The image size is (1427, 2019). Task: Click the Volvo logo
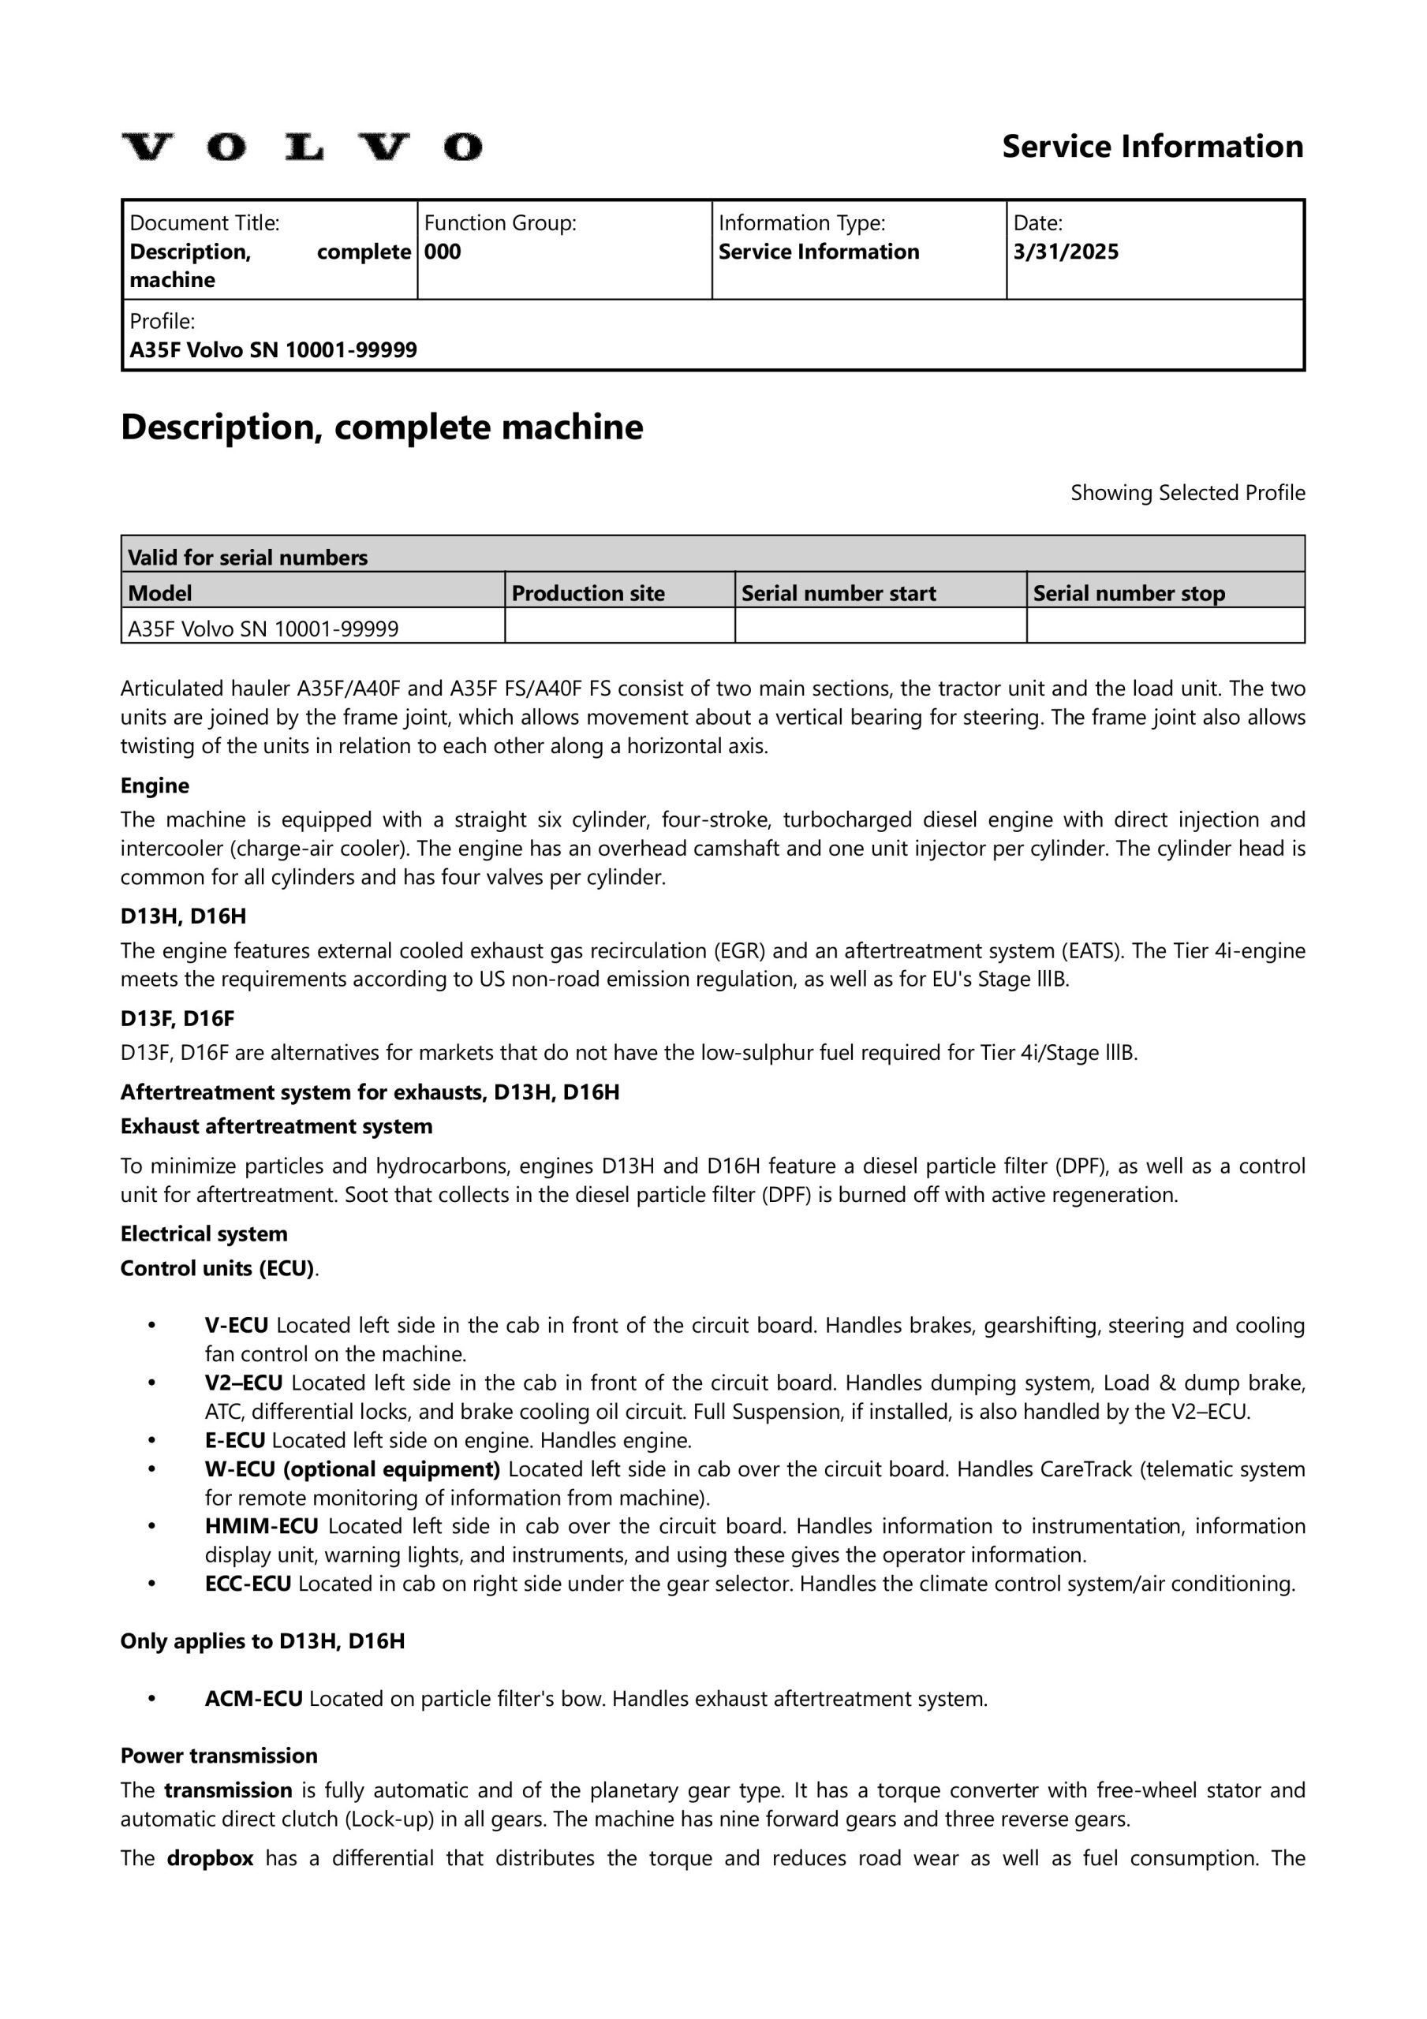coord(302,147)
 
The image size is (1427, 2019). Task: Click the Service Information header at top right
coord(1152,146)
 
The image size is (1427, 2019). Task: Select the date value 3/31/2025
coord(1066,252)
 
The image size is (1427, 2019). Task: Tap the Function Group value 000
coord(443,252)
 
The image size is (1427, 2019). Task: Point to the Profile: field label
coord(162,321)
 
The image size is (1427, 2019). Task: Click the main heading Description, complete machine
coord(382,427)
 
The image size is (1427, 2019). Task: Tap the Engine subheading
coord(155,786)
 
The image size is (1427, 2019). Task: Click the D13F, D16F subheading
coord(177,1018)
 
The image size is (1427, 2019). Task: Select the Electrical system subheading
coord(204,1233)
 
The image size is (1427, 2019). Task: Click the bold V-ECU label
coord(237,1325)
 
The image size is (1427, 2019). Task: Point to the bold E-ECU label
coord(235,1440)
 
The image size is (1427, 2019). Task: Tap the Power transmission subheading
coord(219,1756)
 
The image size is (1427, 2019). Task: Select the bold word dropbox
coord(211,1858)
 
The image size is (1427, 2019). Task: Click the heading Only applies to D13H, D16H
coord(262,1641)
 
